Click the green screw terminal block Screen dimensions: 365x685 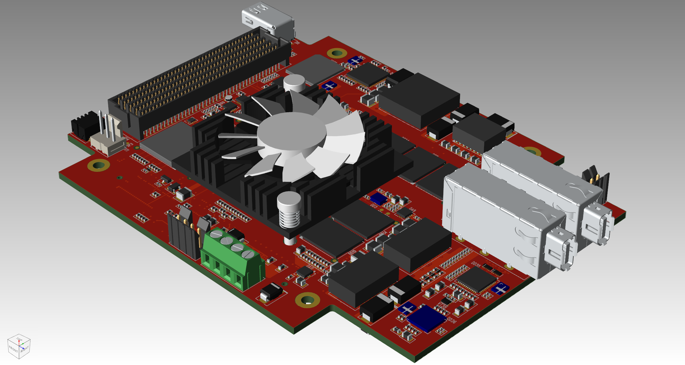(231, 259)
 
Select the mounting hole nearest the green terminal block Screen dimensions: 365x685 (307, 300)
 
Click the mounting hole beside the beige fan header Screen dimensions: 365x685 (99, 165)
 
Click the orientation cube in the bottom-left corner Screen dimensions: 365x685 (19, 347)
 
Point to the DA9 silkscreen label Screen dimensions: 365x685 (412, 210)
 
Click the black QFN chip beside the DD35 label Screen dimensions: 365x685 (476, 280)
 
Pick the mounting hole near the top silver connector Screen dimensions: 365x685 (337, 53)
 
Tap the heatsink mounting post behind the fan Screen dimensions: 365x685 (294, 82)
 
